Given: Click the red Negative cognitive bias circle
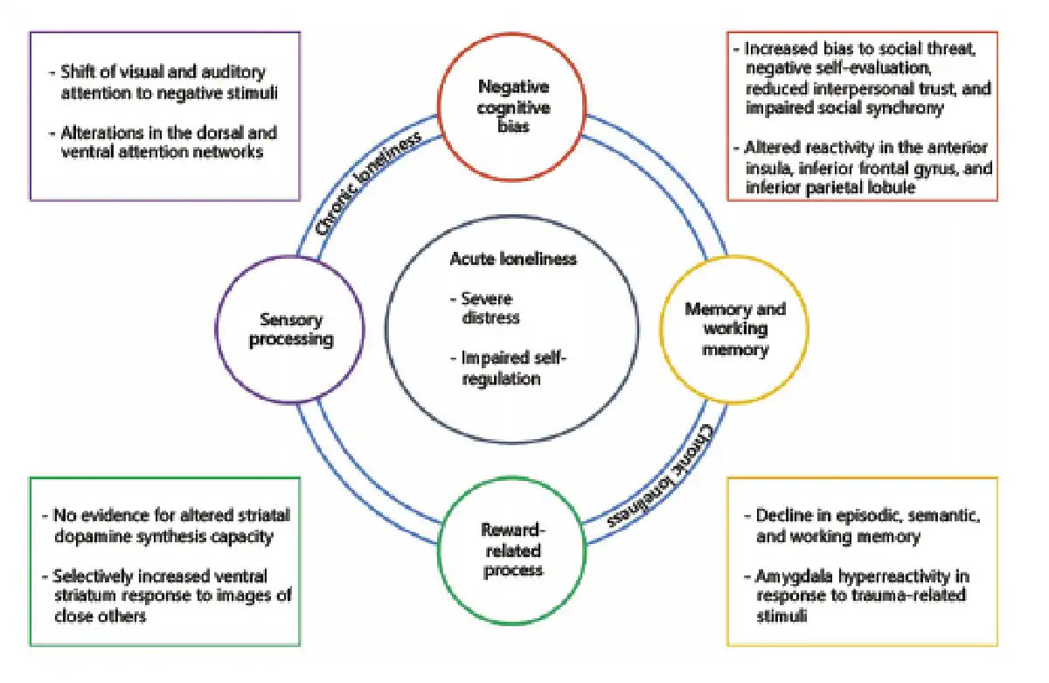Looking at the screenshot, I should (513, 110).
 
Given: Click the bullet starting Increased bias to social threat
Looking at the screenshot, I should (861, 79).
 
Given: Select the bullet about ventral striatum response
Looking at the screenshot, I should (166, 595).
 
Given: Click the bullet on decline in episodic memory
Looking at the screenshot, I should (861, 525).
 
